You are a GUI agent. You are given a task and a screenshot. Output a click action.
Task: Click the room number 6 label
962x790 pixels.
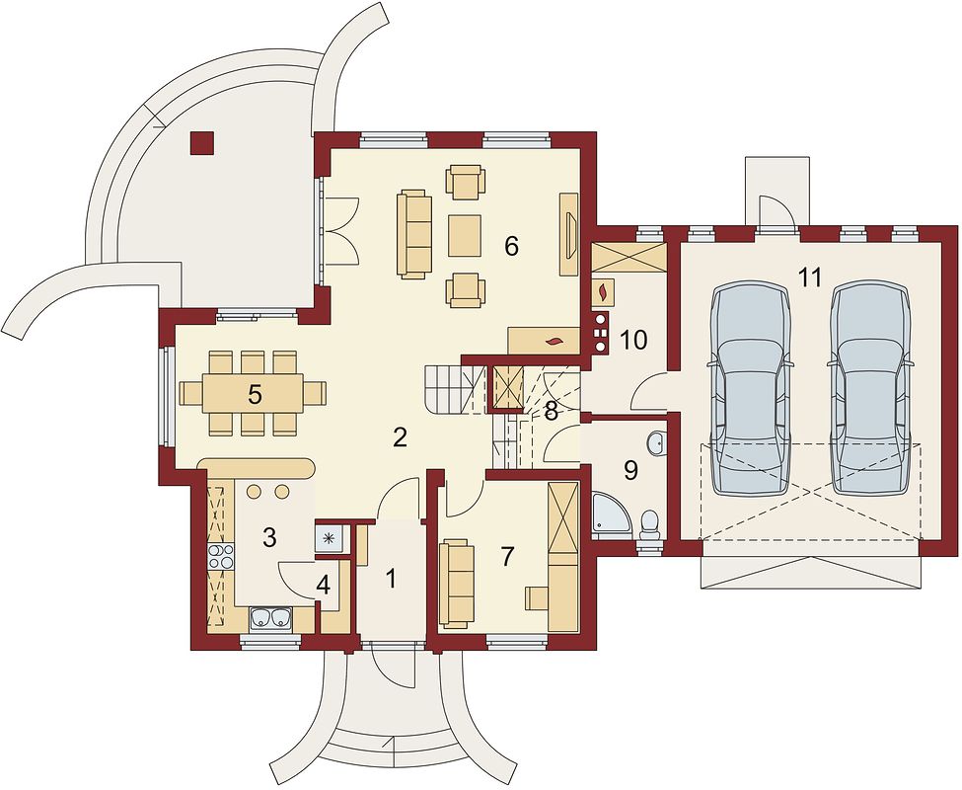pyautogui.click(x=511, y=246)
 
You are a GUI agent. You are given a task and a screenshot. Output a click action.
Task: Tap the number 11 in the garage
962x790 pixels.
pyautogui.click(x=810, y=277)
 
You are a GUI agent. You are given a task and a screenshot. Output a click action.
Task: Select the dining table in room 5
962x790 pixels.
pyautogui.click(x=254, y=393)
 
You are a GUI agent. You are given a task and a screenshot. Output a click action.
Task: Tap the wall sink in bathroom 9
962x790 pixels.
pyautogui.click(x=655, y=442)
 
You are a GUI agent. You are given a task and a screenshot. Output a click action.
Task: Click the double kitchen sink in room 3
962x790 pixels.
pyautogui.click(x=270, y=619)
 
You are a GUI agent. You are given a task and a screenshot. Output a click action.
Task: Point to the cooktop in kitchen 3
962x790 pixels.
pyautogui.click(x=221, y=557)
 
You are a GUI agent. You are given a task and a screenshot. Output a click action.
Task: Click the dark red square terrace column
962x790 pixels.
pyautogui.click(x=202, y=143)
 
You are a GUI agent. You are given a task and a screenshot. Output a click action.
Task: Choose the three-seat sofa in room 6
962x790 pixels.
pyautogui.click(x=412, y=234)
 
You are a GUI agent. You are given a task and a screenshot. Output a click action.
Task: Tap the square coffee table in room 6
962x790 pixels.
pyautogui.click(x=465, y=235)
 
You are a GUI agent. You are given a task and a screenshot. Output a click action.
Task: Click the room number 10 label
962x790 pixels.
pyautogui.click(x=633, y=340)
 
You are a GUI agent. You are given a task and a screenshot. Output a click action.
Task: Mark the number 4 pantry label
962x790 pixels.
pyautogui.click(x=324, y=586)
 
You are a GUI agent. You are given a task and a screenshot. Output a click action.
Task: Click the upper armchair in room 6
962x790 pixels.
pyautogui.click(x=466, y=182)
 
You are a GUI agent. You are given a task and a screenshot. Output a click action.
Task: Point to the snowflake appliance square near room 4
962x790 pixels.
pyautogui.click(x=331, y=538)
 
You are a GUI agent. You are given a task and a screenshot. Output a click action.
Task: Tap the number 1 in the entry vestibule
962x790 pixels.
pyautogui.click(x=390, y=578)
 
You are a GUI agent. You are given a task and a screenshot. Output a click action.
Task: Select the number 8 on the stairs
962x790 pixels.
pyautogui.click(x=551, y=412)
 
